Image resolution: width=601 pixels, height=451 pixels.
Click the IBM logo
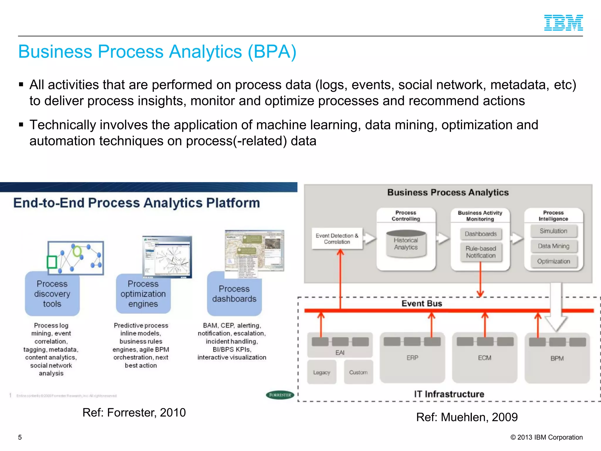point(563,23)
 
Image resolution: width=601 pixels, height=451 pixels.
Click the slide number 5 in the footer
point(20,437)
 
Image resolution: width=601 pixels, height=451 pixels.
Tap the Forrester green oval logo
point(280,395)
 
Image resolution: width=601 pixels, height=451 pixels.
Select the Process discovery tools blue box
point(52,294)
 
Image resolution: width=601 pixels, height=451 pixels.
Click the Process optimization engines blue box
point(143,294)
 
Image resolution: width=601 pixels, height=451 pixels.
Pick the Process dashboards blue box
point(234,294)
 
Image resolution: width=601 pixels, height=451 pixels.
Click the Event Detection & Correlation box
point(337,239)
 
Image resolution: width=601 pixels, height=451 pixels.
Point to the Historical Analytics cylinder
point(406,244)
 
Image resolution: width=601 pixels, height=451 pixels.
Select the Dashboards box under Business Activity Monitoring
point(481,234)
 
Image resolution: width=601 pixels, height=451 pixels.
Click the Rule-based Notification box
point(481,252)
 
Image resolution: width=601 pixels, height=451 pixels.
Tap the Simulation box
point(553,231)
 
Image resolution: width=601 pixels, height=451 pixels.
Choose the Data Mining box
point(553,246)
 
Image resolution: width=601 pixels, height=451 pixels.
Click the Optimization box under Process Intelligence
point(553,261)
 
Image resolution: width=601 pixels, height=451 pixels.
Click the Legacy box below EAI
point(322,372)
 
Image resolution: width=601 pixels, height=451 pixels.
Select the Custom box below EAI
point(358,372)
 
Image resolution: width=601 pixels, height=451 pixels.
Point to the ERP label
point(412,358)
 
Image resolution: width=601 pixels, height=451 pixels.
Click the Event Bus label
point(422,303)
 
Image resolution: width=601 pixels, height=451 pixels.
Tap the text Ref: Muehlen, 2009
point(467,417)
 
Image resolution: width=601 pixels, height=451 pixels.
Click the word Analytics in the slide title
point(205,52)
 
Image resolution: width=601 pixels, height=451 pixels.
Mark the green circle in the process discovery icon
point(77,251)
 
